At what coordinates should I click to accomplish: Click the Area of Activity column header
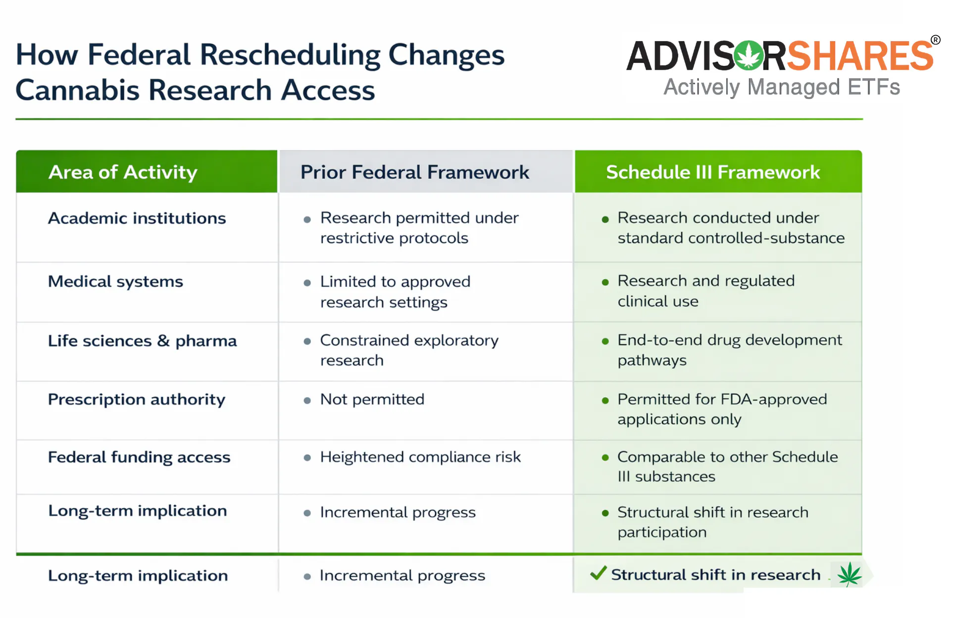coord(123,172)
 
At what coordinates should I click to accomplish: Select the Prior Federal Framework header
coord(415,172)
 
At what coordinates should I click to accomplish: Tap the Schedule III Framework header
coord(713,172)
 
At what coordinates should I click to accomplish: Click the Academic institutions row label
coord(137,218)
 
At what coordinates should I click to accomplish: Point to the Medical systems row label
coord(115,281)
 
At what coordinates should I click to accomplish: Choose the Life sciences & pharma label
coord(142,341)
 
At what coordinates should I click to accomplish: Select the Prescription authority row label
coord(136,399)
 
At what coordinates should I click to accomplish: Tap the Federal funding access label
coord(139,457)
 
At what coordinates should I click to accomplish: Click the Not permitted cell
coord(372,399)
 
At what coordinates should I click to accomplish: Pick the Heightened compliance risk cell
coord(420,457)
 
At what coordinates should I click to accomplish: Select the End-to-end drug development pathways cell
coord(729,350)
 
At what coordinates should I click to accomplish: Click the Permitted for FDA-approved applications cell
coord(722,409)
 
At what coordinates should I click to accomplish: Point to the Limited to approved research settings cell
coord(395,292)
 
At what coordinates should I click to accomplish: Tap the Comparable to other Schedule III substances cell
coord(727,467)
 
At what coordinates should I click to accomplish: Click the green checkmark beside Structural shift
coord(598,573)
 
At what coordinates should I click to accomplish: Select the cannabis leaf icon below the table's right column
coord(849,574)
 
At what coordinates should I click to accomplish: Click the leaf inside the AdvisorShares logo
coord(748,55)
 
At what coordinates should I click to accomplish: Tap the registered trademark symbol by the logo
coord(935,40)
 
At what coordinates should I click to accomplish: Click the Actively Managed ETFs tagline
coord(781,87)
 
